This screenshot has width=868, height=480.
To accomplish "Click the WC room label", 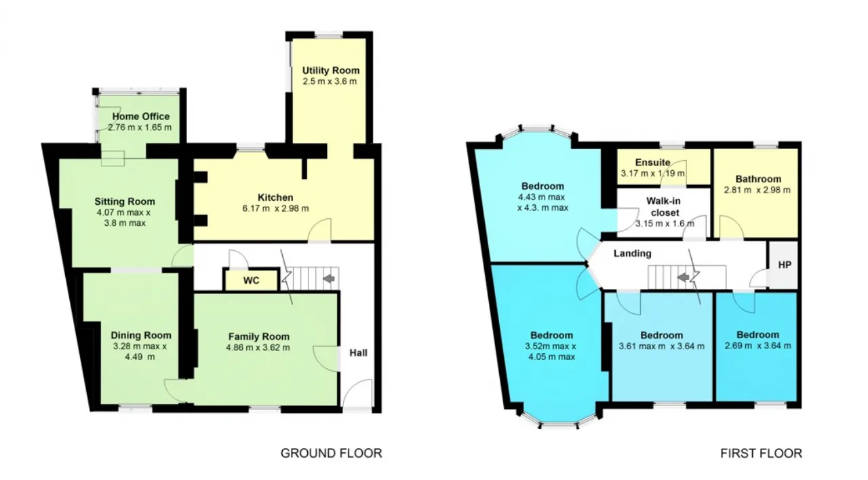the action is coord(251,281).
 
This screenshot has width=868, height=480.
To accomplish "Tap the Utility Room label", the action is coord(330,71).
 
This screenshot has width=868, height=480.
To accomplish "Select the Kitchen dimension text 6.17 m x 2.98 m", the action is coord(275,208).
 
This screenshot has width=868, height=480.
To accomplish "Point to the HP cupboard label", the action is coord(785,265).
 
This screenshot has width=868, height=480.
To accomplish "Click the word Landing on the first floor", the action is coord(633,254).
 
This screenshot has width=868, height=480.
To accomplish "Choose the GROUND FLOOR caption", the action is coord(332,453).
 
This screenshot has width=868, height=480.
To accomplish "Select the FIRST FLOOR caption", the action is coord(761,453).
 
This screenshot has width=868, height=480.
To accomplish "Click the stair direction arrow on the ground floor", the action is coord(329,278).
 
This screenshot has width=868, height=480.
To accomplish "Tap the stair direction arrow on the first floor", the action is coord(683,277).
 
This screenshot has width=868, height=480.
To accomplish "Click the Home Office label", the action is coord(140,116).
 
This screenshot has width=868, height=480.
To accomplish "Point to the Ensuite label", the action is coord(652,162).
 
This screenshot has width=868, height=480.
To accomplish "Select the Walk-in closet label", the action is coord(663,207).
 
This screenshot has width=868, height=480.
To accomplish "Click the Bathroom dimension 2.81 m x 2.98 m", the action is coord(757,191).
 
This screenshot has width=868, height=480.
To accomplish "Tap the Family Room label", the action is coord(259,337).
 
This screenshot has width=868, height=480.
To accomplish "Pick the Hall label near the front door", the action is coord(359,353).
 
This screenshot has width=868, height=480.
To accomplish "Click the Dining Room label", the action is coord(140,336).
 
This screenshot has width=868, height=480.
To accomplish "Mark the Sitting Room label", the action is coord(125,201).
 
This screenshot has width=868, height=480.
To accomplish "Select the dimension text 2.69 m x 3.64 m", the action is coord(758,346).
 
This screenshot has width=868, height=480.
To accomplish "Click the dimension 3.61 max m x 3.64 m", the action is coord(661,346).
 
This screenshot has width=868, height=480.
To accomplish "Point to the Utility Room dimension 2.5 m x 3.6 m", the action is coord(330,81).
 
